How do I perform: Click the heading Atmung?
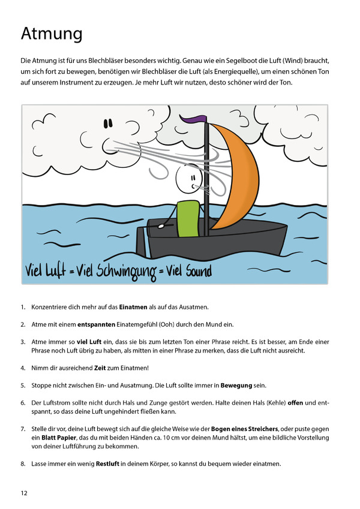click(x=52, y=34)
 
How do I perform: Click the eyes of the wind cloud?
click(x=108, y=124)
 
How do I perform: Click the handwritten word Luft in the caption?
click(x=60, y=271)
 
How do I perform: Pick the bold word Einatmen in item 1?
click(x=133, y=308)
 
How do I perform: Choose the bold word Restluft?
click(x=111, y=464)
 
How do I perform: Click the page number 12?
click(x=24, y=493)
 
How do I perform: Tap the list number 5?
click(x=23, y=384)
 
